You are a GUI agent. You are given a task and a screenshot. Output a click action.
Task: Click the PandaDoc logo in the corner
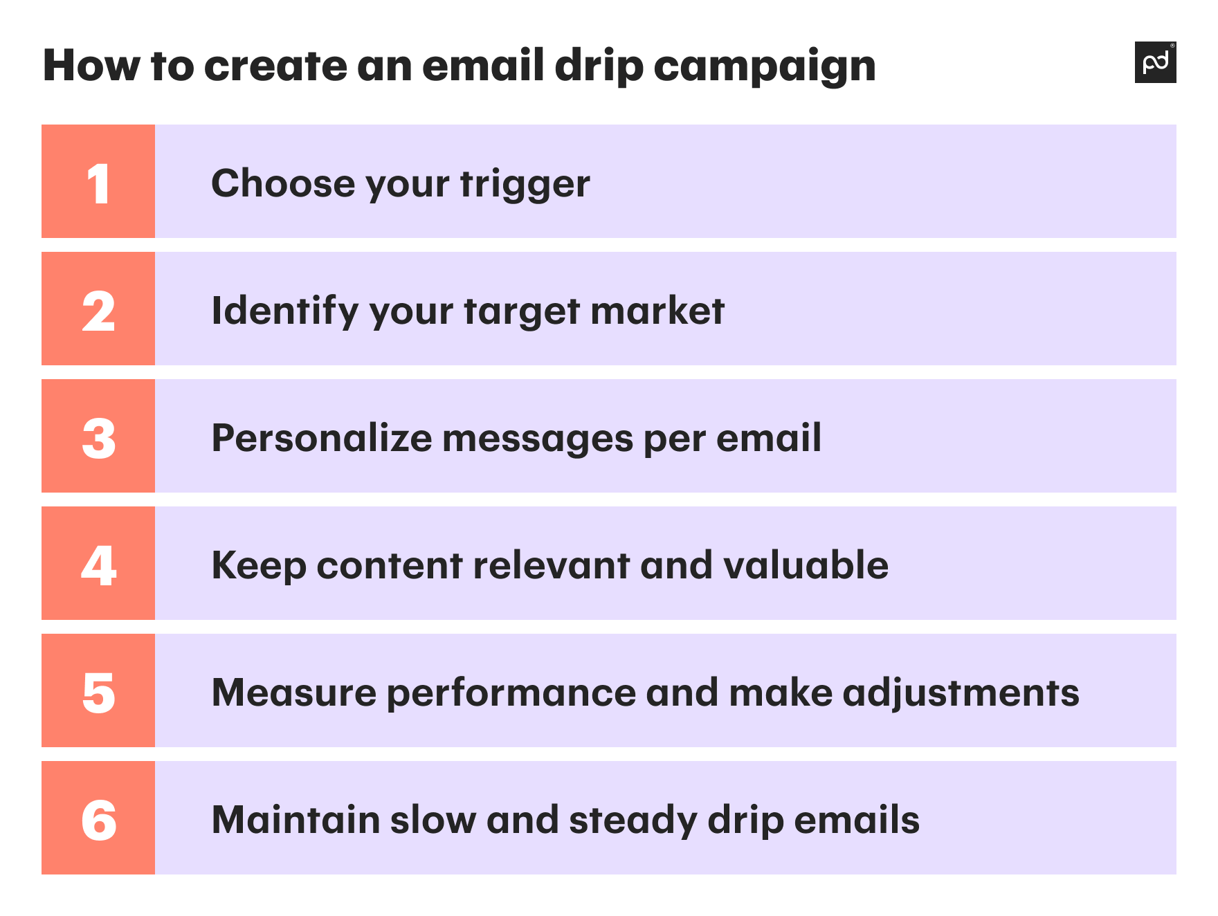[x=1155, y=62]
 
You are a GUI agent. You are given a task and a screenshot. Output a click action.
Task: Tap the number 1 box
[x=98, y=182]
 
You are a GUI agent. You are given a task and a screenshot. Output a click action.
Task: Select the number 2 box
[x=98, y=309]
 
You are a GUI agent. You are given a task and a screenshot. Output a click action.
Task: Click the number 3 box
[x=98, y=437]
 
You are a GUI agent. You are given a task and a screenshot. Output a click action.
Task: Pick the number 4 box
[x=98, y=564]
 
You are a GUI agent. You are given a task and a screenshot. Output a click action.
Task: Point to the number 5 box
[x=98, y=691]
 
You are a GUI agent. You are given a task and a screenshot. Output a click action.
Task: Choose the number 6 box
[x=98, y=818]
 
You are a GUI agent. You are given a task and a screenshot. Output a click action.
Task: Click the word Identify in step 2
[x=284, y=311]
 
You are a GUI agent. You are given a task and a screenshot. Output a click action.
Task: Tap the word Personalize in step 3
[x=322, y=438]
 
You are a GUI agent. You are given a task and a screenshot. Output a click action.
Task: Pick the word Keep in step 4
[x=259, y=567]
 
